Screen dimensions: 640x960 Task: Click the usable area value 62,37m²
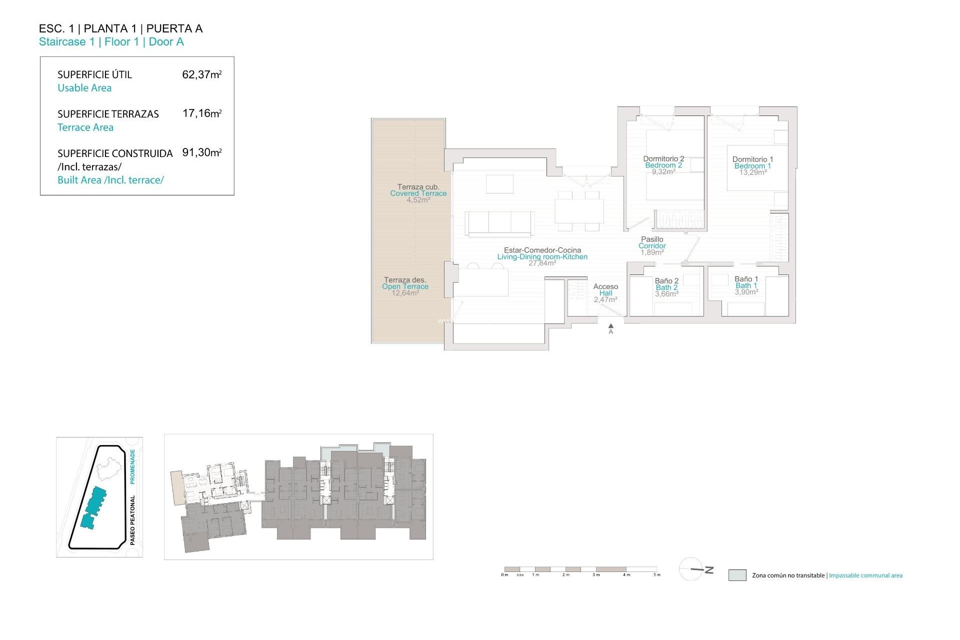(x=201, y=74)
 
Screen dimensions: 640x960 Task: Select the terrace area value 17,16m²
(x=201, y=113)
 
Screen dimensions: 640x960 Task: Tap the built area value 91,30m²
(x=201, y=152)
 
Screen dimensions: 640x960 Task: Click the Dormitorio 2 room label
(x=663, y=159)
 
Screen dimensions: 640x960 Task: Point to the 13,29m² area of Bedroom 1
(x=753, y=172)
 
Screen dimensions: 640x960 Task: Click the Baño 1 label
(x=746, y=279)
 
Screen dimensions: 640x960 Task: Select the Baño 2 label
(x=666, y=281)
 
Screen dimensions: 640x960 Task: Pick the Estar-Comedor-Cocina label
(x=542, y=250)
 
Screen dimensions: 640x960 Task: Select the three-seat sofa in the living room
(x=499, y=222)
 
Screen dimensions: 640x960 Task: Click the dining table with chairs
(x=578, y=211)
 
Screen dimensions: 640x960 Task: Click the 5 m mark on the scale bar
(x=657, y=574)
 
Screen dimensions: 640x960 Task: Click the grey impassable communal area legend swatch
(x=737, y=575)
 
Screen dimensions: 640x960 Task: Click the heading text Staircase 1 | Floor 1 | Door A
(x=111, y=42)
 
